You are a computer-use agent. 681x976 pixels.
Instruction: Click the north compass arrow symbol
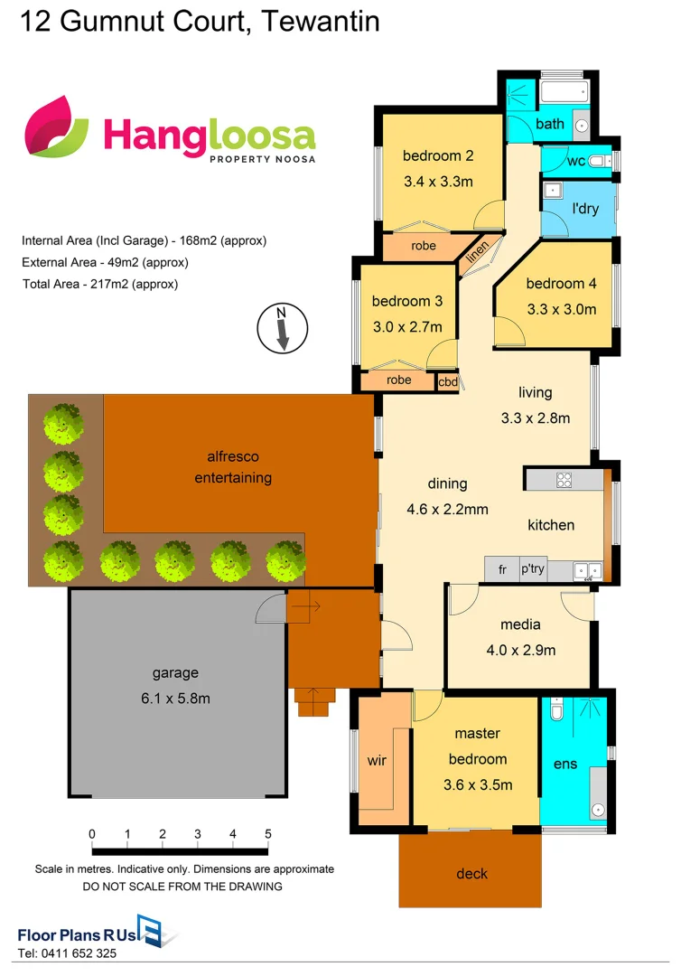click(282, 329)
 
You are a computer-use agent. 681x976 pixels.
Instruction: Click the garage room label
click(175, 673)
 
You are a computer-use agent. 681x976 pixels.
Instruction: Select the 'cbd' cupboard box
click(447, 382)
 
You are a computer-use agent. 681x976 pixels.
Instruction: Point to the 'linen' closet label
click(477, 254)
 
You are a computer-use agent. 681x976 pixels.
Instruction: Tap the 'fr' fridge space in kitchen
click(501, 570)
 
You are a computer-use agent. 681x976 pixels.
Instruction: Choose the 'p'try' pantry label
click(531, 570)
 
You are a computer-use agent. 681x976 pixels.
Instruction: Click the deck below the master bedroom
click(471, 873)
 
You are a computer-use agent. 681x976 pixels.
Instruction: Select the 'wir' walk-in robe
click(377, 761)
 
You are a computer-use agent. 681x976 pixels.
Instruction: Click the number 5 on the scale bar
click(267, 833)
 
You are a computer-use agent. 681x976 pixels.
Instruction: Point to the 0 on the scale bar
click(92, 833)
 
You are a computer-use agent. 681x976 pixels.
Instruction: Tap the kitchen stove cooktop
click(564, 480)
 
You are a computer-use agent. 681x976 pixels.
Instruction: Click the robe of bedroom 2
click(424, 246)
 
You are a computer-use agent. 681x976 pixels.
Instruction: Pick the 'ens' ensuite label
click(564, 765)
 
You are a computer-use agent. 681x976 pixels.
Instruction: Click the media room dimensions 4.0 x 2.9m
click(521, 650)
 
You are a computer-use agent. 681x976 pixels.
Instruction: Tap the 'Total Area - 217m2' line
click(100, 284)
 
